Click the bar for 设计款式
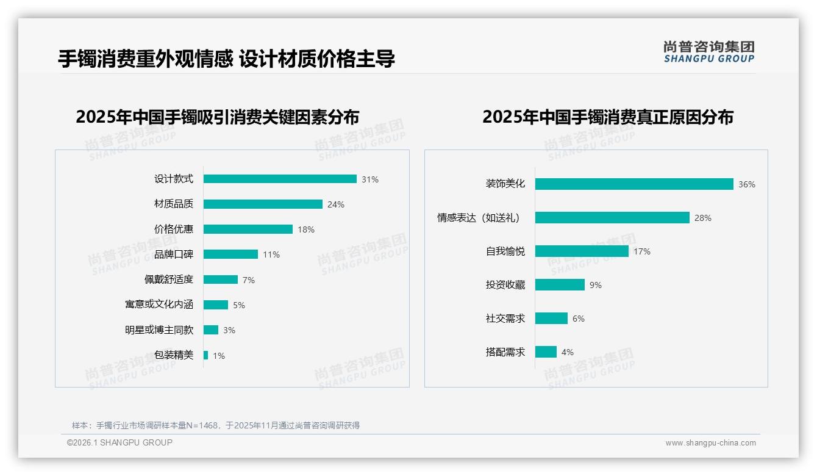tap(280, 179)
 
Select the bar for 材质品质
tap(263, 204)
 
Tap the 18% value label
tap(306, 229)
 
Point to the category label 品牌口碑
tap(174, 254)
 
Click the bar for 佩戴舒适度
tap(221, 279)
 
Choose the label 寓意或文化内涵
tap(159, 305)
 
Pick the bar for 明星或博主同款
tap(211, 330)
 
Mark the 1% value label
tap(219, 355)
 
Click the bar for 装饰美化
tap(634, 184)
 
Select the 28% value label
tap(703, 218)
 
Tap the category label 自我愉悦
tap(505, 251)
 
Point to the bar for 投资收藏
tap(560, 284)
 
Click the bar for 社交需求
tap(551, 318)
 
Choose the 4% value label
tap(568, 352)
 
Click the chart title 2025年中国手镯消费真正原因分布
tap(608, 117)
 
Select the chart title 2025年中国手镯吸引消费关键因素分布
tap(218, 117)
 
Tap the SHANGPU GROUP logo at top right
tap(709, 51)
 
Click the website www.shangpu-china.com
tap(710, 443)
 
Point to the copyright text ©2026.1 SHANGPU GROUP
tap(120, 442)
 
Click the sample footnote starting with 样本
tap(216, 425)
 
